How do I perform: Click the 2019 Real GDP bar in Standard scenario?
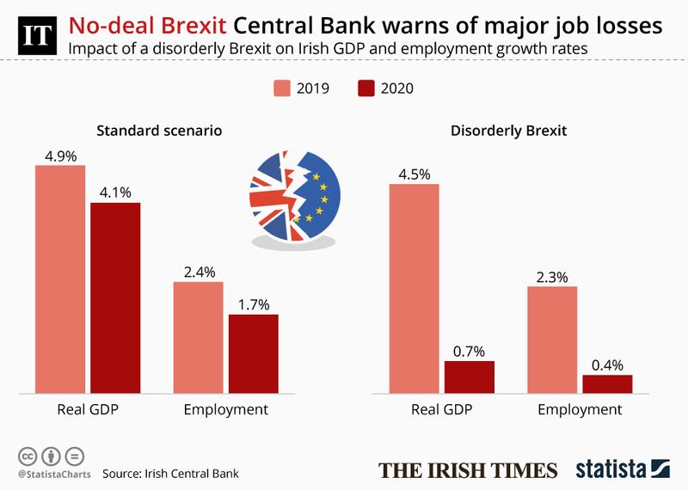point(60,279)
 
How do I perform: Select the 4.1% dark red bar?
point(115,298)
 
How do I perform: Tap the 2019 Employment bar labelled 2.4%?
point(199,338)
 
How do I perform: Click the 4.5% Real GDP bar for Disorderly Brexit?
point(415,289)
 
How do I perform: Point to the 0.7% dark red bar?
point(470,377)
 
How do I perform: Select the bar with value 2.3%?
point(552,340)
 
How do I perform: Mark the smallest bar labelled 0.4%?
point(607,384)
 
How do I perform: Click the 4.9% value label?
point(60,155)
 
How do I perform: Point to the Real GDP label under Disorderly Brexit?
point(442,409)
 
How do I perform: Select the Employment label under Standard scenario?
point(226,409)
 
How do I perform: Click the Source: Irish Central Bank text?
point(170,473)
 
